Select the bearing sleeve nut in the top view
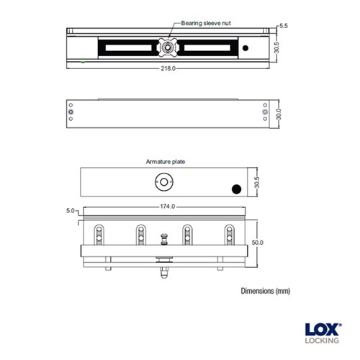168,48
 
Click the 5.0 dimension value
70,210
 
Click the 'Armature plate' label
166,162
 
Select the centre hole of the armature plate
166,183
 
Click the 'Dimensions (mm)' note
265,291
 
